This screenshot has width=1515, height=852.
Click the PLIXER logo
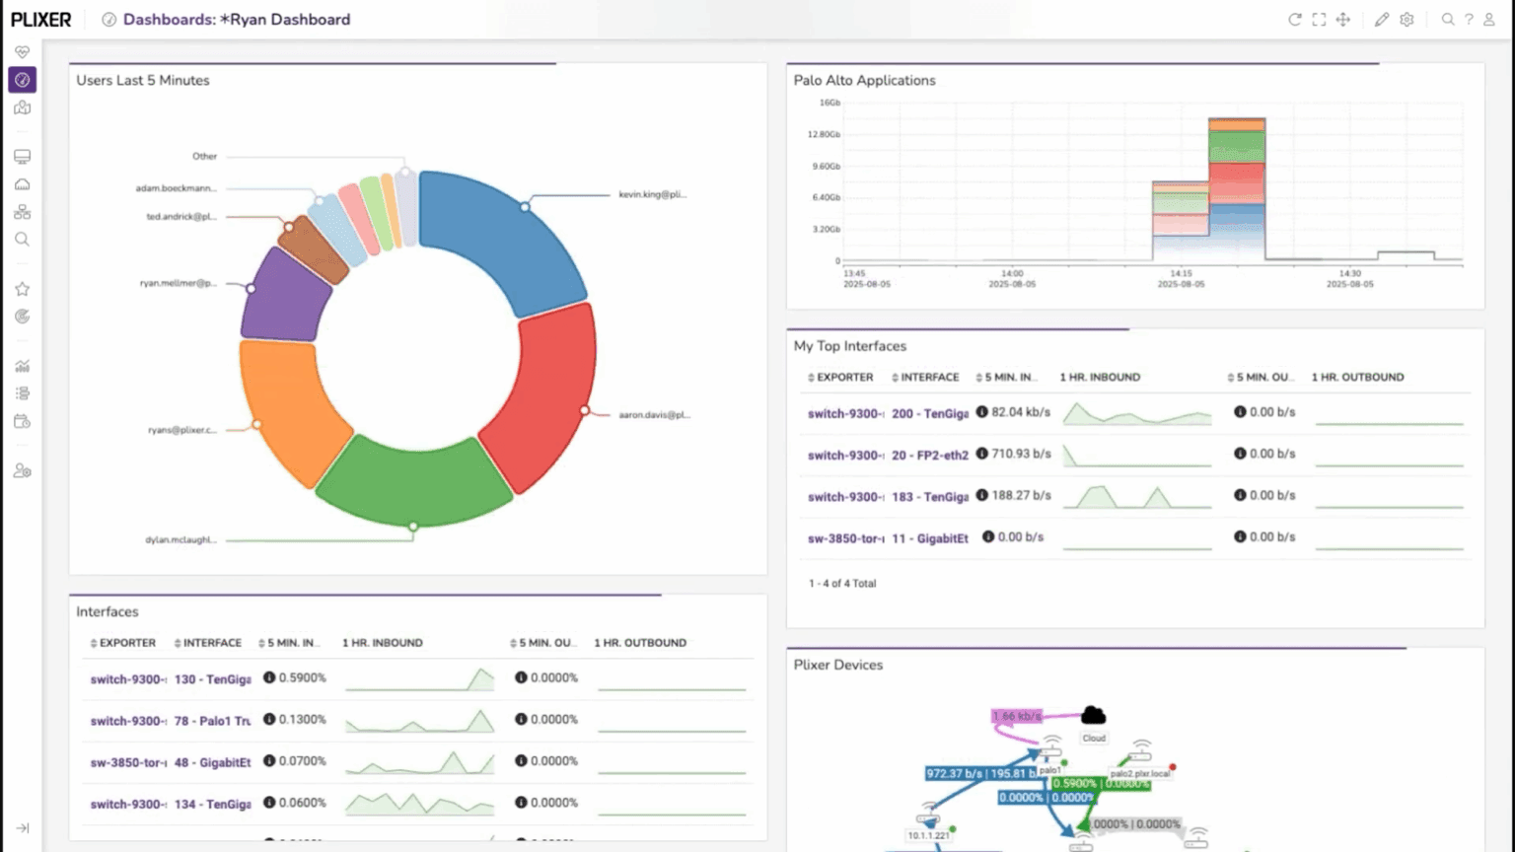(41, 20)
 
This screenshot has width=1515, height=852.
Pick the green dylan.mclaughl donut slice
(414, 481)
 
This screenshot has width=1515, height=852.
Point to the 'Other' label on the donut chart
(204, 157)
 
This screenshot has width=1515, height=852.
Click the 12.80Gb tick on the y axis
(824, 134)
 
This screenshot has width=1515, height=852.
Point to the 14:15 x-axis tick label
(1181, 273)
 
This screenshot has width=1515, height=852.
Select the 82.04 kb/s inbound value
(1021, 412)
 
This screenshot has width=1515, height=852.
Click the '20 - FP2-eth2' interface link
(929, 456)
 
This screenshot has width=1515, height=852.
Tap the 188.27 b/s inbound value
(1021, 495)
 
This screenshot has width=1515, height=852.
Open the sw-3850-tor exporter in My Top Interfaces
(845, 538)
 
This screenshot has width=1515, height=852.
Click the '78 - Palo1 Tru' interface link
(212, 721)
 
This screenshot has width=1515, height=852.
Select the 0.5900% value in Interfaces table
(302, 678)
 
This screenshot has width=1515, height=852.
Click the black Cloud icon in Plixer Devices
(1093, 716)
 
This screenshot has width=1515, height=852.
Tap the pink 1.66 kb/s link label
(1017, 716)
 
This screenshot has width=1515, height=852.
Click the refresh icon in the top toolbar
(1294, 20)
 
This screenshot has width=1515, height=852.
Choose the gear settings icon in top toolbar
(1407, 20)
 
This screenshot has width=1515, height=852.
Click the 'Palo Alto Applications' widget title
(864, 81)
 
